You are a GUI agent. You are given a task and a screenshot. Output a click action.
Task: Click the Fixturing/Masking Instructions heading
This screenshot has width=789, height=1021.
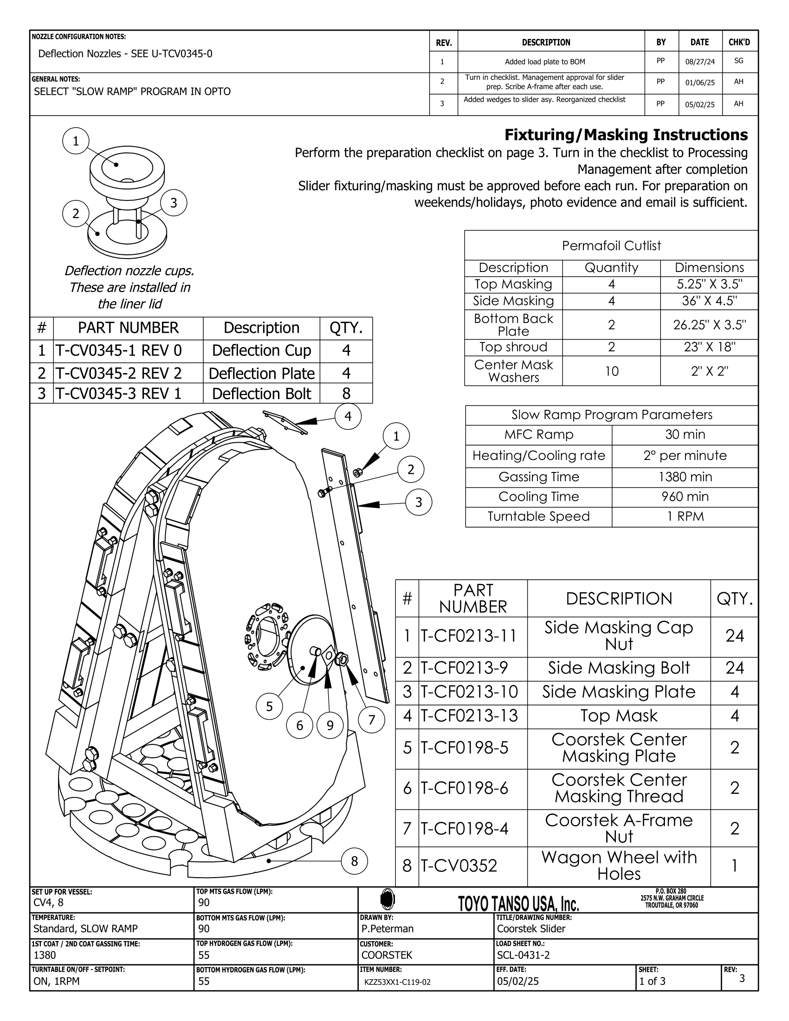pos(626,135)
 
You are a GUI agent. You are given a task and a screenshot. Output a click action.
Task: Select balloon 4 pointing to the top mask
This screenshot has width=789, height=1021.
pos(348,416)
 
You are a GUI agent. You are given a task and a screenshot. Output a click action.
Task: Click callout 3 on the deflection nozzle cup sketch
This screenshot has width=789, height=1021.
pos(174,203)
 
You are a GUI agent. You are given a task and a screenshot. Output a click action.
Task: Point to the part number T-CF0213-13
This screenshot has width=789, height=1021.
pos(469,716)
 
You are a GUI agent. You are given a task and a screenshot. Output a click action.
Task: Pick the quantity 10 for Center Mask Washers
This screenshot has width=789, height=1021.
pos(611,371)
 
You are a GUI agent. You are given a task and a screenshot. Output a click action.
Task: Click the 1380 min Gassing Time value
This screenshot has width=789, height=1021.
pos(685,477)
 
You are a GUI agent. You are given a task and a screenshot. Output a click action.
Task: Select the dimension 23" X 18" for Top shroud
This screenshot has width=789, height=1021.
pos(709,347)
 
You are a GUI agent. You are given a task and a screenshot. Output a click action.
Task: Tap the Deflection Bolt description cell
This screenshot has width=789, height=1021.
pos(261,394)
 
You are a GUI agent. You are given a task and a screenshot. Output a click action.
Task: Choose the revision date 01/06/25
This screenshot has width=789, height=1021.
pos(700,83)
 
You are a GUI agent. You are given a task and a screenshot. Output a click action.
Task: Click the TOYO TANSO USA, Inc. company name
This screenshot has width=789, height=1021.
pos(518,904)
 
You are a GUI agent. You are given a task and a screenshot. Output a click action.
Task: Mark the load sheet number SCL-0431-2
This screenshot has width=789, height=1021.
pos(524,955)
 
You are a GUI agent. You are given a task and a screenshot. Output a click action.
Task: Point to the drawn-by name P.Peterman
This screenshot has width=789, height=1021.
pos(387,929)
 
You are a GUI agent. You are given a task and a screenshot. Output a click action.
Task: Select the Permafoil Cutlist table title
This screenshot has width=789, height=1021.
pos(611,246)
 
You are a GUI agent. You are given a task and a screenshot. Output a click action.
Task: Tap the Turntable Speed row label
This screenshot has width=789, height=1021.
pos(538,516)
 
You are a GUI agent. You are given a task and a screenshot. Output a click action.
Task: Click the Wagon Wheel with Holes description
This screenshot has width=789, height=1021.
pos(619,866)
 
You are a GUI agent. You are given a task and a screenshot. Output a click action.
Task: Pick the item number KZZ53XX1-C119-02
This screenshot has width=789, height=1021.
pos(397,982)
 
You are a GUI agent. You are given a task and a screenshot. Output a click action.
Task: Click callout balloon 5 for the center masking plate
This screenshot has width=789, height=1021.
pos(269,706)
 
